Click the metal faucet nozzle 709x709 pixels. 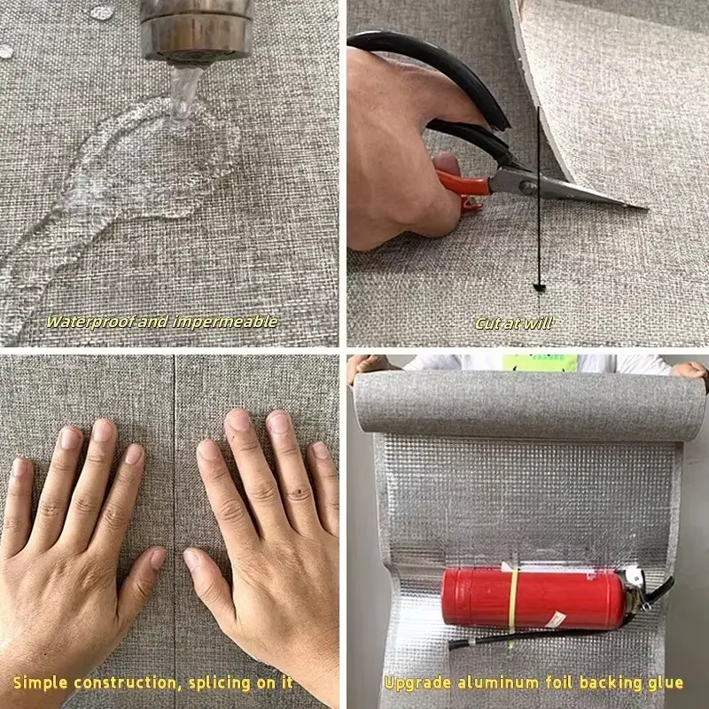(196, 31)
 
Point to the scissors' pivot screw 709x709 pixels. (525, 185)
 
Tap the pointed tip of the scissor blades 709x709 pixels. (646, 208)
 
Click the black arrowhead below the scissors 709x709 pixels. (539, 287)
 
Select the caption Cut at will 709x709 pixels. (514, 323)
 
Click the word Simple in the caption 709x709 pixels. (40, 682)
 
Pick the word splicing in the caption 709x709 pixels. (219, 682)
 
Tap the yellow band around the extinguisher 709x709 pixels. (514, 600)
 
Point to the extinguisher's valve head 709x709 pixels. (637, 588)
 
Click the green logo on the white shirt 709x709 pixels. (540, 362)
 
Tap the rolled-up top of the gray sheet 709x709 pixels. (529, 406)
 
